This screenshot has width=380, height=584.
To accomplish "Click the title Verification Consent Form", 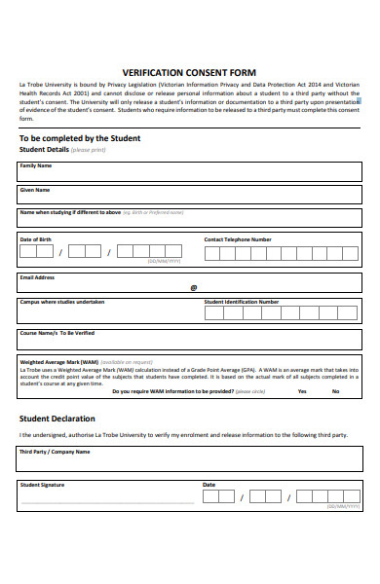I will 190,72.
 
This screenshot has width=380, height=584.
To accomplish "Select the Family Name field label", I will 36,166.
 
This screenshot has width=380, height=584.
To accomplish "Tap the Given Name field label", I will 35,189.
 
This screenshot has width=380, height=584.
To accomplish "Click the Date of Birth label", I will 36,238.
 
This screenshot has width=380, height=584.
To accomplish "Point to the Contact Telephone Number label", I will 238,238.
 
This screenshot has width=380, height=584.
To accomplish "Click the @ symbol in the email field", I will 193,287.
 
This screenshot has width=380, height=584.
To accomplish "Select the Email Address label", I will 37,277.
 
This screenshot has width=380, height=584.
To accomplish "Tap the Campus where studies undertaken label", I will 62,302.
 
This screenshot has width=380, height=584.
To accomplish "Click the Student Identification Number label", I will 242,302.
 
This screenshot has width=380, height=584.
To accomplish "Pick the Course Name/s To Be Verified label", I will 57,333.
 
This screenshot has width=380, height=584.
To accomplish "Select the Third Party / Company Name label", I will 55,452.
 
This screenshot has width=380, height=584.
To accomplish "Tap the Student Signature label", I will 44,484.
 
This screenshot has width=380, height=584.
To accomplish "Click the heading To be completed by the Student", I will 80,138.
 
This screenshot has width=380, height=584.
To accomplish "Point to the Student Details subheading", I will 44,150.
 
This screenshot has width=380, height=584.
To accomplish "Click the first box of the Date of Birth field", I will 29,251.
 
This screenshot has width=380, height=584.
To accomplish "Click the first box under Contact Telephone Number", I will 213,253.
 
